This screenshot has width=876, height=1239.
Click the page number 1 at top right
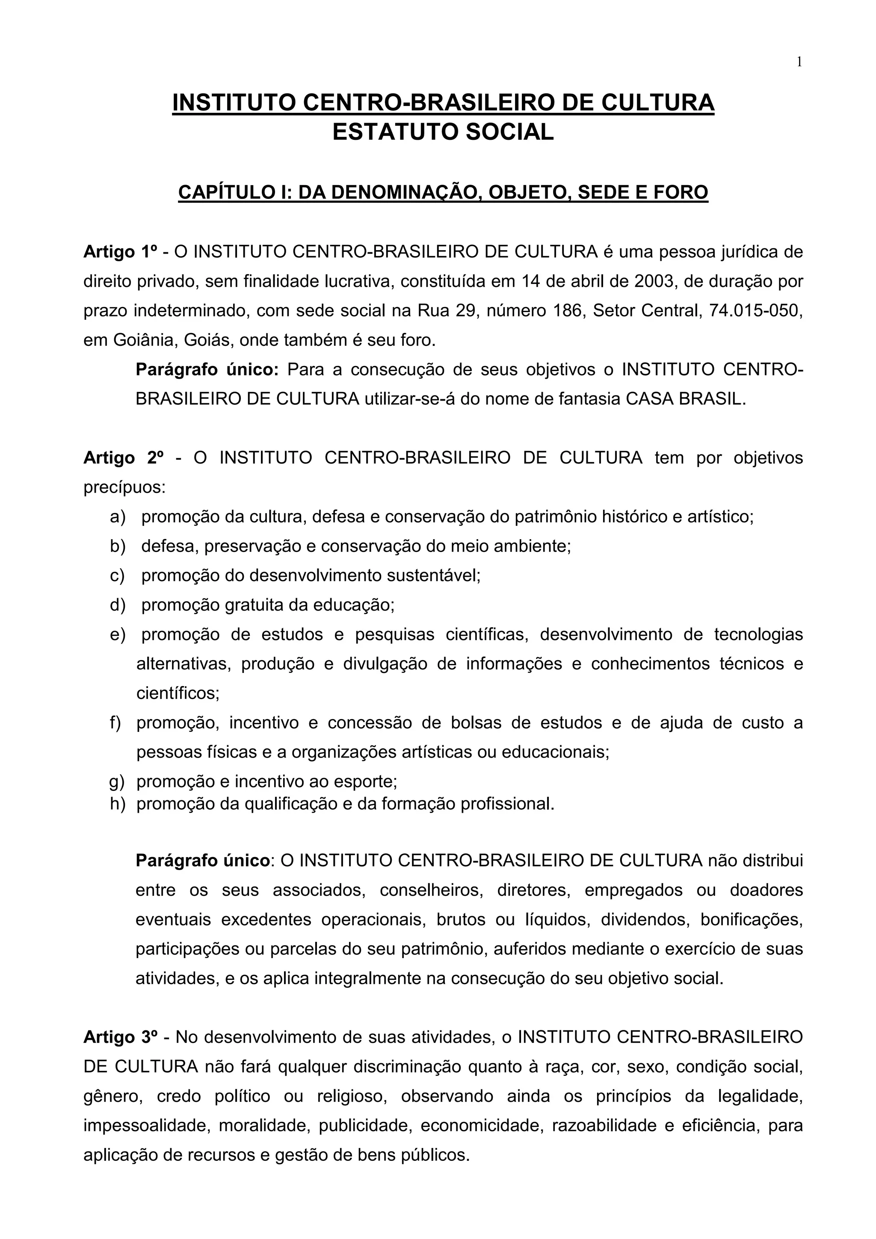(x=799, y=62)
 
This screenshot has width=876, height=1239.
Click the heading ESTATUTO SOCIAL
(x=443, y=132)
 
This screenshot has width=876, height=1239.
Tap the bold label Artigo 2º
(x=124, y=458)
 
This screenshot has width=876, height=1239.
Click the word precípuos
(x=124, y=488)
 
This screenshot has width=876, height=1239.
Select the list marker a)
(x=118, y=517)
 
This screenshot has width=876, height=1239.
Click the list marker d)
(x=118, y=605)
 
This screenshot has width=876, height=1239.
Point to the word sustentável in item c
(x=433, y=576)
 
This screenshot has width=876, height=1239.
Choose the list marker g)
(x=117, y=782)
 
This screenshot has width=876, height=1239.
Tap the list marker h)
(x=117, y=805)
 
